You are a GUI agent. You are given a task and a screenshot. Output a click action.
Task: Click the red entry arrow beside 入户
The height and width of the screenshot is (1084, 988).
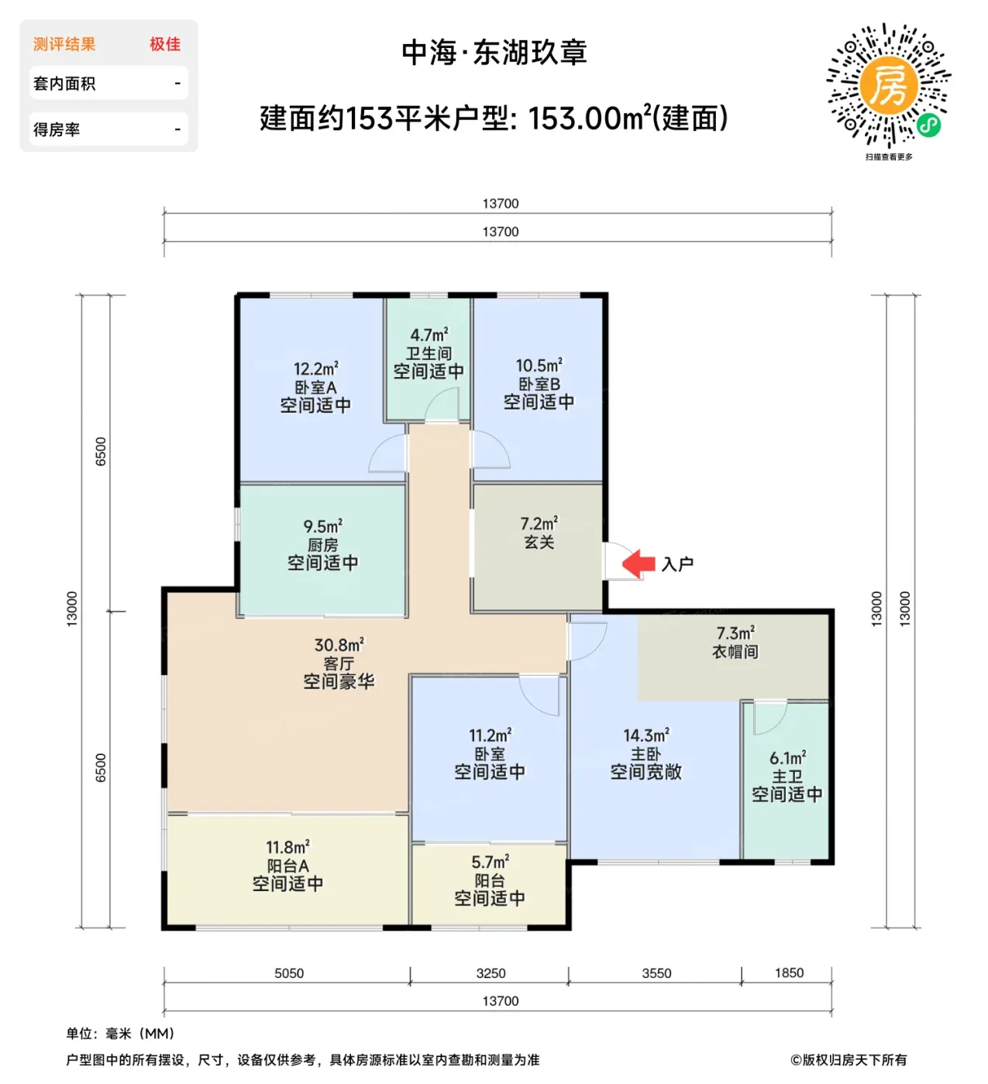pos(639,564)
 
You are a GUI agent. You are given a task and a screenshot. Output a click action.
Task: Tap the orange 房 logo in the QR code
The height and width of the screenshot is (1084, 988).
pos(889,85)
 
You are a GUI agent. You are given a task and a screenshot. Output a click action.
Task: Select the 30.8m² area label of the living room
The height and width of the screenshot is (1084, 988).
pos(339,645)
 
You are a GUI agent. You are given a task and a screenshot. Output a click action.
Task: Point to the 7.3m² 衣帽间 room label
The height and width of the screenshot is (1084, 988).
pos(735,642)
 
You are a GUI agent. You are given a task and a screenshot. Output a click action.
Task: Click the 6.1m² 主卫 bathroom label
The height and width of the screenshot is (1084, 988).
pos(787,775)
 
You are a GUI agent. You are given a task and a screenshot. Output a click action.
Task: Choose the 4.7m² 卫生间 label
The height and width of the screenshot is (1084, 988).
pos(429,353)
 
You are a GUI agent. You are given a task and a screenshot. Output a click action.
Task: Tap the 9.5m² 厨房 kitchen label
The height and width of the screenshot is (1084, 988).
pos(322,544)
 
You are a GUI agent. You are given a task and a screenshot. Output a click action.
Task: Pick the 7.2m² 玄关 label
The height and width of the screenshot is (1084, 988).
pos(539,533)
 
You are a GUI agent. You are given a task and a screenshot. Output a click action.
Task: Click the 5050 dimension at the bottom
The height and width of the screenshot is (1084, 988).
pos(289,973)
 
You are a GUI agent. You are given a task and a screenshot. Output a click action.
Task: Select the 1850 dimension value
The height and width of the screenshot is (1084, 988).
pos(789,973)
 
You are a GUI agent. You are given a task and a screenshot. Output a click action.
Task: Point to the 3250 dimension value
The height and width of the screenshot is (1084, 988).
pos(491,973)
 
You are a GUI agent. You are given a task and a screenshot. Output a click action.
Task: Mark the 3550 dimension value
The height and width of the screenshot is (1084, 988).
pos(656,973)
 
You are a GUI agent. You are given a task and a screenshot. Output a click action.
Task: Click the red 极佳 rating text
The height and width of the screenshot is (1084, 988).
pos(165,44)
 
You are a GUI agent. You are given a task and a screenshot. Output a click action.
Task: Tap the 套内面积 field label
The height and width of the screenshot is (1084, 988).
pos(64,84)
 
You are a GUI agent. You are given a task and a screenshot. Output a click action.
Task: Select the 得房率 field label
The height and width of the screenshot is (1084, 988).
pos(57,129)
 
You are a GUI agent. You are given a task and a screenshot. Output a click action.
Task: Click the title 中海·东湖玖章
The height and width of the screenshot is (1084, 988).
pos(494,53)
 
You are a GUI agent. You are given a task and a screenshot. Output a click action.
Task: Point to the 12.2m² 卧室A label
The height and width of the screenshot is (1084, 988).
pos(315,387)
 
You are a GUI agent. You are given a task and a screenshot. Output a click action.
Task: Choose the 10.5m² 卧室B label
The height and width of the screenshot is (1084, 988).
pos(539,384)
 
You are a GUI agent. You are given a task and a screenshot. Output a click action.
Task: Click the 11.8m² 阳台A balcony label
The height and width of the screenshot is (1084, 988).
pos(287,865)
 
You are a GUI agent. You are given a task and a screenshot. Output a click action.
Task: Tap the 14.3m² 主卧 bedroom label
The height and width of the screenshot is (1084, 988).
pos(646,753)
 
